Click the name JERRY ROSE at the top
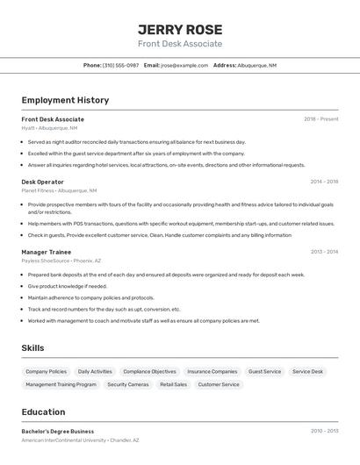coord(180,29)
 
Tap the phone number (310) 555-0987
coord(120,65)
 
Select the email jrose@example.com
coord(184,65)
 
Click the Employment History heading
coord(65,100)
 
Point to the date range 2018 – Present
coord(320,119)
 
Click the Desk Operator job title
coord(42,182)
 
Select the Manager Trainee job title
coord(47,252)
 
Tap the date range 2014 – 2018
coord(324,182)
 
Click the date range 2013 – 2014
coord(324,252)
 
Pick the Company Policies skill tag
coord(46,371)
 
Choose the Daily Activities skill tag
coord(95,371)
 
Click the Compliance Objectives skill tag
coord(149,371)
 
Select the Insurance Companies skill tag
coord(212,371)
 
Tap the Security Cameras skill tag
coord(128,384)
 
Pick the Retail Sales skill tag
coord(173,384)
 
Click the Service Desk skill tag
coord(307,371)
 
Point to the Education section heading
coord(43,412)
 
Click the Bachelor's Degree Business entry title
coord(57,432)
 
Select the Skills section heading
coord(32,348)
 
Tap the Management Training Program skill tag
coord(61,384)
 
